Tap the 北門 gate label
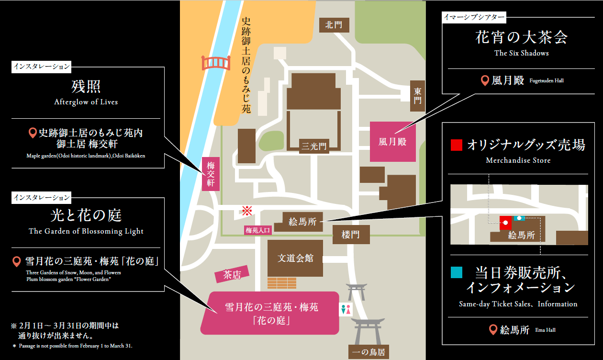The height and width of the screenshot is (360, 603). coord(334,25)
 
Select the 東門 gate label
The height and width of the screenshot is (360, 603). coord(418,96)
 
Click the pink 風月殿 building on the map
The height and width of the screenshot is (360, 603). coord(392,142)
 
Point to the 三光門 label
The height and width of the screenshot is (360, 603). coord(313,146)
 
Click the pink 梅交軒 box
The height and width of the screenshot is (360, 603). coord(211,174)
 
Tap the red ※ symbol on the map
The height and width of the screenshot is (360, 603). coord(247,210)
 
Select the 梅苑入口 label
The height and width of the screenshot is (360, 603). coord(258,230)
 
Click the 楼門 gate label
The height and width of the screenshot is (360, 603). coord(351,235)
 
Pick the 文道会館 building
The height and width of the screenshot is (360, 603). coord(295,258)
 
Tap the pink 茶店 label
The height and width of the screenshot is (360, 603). coord(233,274)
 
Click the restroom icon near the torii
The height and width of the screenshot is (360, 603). coord(345,309)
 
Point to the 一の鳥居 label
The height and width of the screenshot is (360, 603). coord(368,352)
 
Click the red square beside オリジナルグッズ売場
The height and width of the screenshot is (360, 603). coord(457,145)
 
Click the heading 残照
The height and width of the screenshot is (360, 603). coord(86,87)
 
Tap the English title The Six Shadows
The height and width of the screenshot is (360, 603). coord(521,53)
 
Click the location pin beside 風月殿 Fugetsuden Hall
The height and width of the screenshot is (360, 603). coord(484,81)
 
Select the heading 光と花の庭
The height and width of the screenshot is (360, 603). coord(86,215)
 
